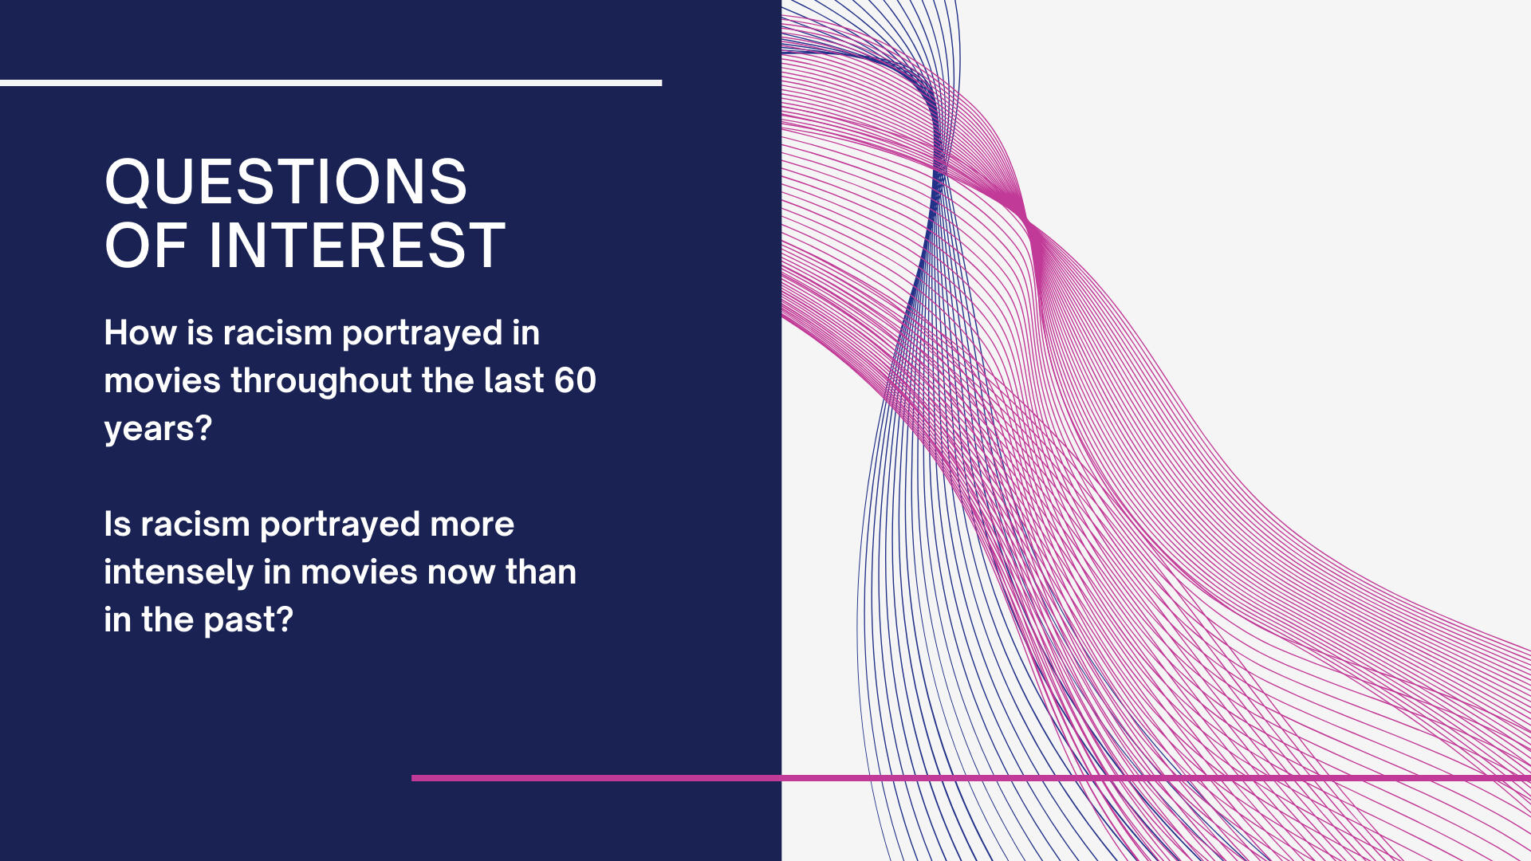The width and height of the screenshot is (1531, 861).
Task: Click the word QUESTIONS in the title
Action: click(285, 182)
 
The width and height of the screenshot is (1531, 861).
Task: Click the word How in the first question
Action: click(140, 332)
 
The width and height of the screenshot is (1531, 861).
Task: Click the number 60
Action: click(575, 380)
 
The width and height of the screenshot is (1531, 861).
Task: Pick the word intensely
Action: click(178, 572)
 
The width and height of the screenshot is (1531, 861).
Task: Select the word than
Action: click(541, 572)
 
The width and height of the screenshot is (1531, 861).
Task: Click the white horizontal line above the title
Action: click(331, 83)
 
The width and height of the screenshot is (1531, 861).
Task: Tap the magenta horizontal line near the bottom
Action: click(971, 777)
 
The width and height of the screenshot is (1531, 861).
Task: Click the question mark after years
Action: click(204, 427)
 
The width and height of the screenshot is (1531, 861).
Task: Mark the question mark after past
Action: click(285, 619)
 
